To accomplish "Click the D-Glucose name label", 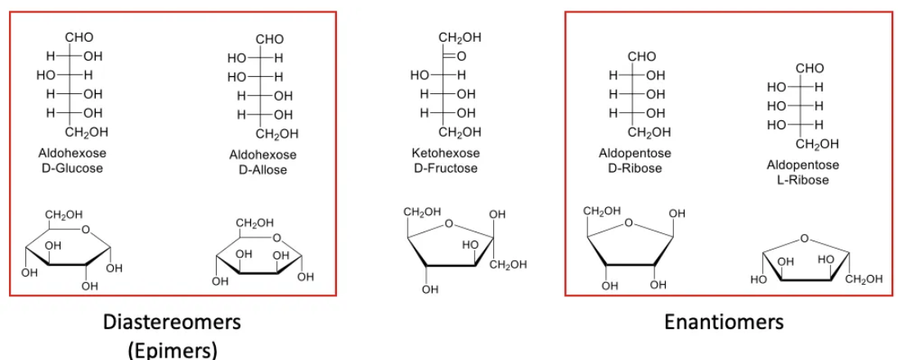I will (72, 168).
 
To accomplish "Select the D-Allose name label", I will (263, 169).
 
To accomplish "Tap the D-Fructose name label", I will (446, 168).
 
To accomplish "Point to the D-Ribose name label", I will (635, 168).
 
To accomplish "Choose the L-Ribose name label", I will (802, 179).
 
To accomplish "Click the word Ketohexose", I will (446, 153).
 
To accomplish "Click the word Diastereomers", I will (172, 321).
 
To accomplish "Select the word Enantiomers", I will (723, 321).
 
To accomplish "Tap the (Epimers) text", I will (172, 349).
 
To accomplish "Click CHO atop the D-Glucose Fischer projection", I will (79, 38).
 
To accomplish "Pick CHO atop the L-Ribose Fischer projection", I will (810, 68).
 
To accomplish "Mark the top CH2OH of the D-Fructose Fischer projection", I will (460, 38).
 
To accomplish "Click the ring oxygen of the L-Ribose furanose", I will (805, 238).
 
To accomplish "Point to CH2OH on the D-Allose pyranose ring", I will (254, 223).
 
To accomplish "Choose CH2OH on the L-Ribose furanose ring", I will (864, 279).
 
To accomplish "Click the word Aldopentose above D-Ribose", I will (635, 153).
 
